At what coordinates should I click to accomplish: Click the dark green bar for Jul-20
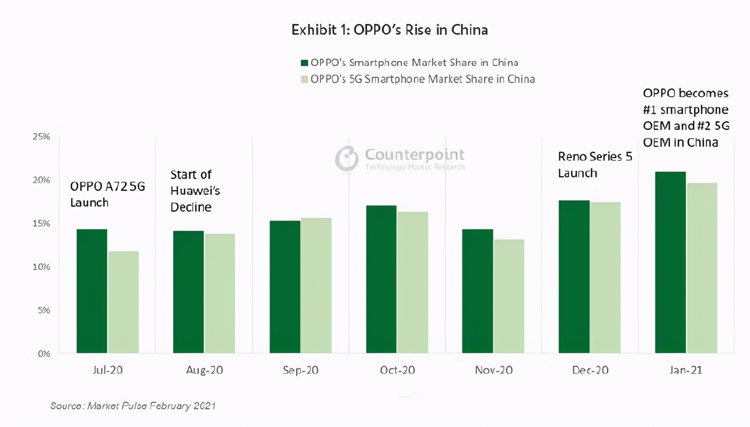(92, 291)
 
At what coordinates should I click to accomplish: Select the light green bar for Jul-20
(123, 302)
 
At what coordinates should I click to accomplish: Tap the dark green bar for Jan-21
(670, 262)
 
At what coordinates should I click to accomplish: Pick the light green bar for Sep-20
(316, 285)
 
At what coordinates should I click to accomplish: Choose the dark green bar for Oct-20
(381, 279)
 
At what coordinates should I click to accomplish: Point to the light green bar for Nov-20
(509, 296)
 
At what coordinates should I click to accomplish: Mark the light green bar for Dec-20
(605, 278)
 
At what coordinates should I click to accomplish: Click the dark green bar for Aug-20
(188, 292)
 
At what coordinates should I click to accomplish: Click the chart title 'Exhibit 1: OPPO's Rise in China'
(390, 30)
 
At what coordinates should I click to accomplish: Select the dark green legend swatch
(304, 62)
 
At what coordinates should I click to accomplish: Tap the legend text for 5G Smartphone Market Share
(422, 79)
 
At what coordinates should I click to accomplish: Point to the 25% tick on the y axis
(41, 137)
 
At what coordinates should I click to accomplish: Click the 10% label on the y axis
(41, 267)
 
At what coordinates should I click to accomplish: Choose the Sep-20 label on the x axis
(301, 371)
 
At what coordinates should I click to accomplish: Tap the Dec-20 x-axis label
(590, 371)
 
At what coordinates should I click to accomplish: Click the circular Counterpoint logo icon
(346, 158)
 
